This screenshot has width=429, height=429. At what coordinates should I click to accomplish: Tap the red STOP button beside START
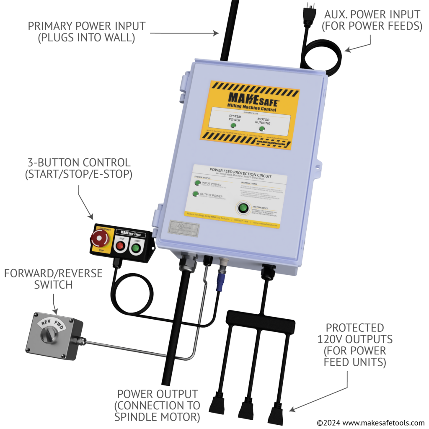[x=120, y=246]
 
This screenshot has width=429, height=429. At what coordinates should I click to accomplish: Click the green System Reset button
[x=242, y=208]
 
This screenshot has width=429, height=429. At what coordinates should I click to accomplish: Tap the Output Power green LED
[x=195, y=194]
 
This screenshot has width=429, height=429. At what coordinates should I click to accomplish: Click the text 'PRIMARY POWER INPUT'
[x=87, y=26]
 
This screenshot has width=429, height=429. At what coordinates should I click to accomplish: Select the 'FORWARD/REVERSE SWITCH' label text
[x=53, y=279]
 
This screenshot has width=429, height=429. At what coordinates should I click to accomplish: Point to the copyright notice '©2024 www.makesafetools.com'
[x=370, y=422]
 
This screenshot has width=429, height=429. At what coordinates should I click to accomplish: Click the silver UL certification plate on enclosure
[x=184, y=229]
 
